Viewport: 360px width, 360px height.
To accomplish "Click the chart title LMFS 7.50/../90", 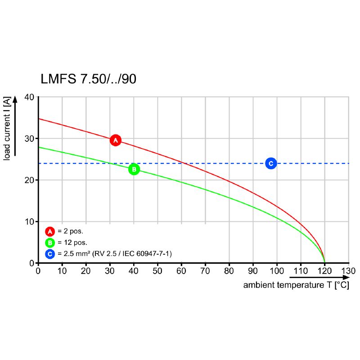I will click(x=89, y=79).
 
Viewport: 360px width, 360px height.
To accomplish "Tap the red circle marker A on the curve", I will click(x=116, y=140).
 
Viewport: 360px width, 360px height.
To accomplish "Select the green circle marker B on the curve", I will click(x=134, y=169).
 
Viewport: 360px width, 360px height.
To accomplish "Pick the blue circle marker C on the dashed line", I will click(x=270, y=163).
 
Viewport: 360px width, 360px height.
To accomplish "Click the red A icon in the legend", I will click(x=49, y=231).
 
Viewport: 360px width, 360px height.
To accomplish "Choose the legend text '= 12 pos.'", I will click(x=72, y=243).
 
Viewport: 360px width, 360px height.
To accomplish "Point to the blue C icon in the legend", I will click(x=49, y=254).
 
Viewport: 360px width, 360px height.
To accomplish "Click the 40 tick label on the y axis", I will click(x=29, y=97).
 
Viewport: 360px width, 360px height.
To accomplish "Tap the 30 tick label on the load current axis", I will click(x=29, y=139).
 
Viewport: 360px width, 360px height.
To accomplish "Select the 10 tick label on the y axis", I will click(x=29, y=221).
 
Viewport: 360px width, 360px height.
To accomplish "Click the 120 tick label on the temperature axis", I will click(x=324, y=271).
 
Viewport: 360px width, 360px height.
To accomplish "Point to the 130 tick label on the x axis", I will click(x=348, y=271).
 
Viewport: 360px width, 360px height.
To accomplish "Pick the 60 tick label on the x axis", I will click(x=181, y=271).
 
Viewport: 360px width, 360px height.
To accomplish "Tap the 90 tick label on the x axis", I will click(x=253, y=271).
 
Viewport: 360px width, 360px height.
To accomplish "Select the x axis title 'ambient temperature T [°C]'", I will click(x=296, y=285).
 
